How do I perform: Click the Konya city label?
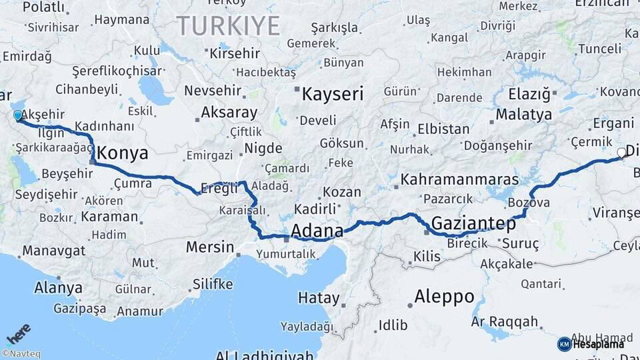point(122,153)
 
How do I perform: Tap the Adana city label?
point(317,231)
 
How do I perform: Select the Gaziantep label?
point(474,223)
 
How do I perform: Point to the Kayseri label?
point(333,94)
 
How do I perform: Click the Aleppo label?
point(444,296)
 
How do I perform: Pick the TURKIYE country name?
point(228,26)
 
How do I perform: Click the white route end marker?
point(621,153)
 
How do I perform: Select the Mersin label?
point(210,247)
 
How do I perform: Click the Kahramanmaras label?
point(459,180)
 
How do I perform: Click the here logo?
point(19,331)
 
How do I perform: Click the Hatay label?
point(319,297)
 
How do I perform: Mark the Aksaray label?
point(229,112)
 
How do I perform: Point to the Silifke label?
point(213,284)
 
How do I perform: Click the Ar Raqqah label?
point(504,322)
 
